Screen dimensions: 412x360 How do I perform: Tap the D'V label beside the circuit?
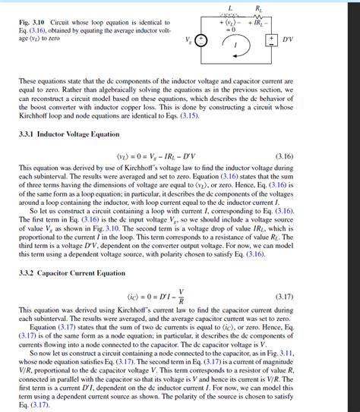[288, 39]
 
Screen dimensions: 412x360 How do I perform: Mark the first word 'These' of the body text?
[27, 80]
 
